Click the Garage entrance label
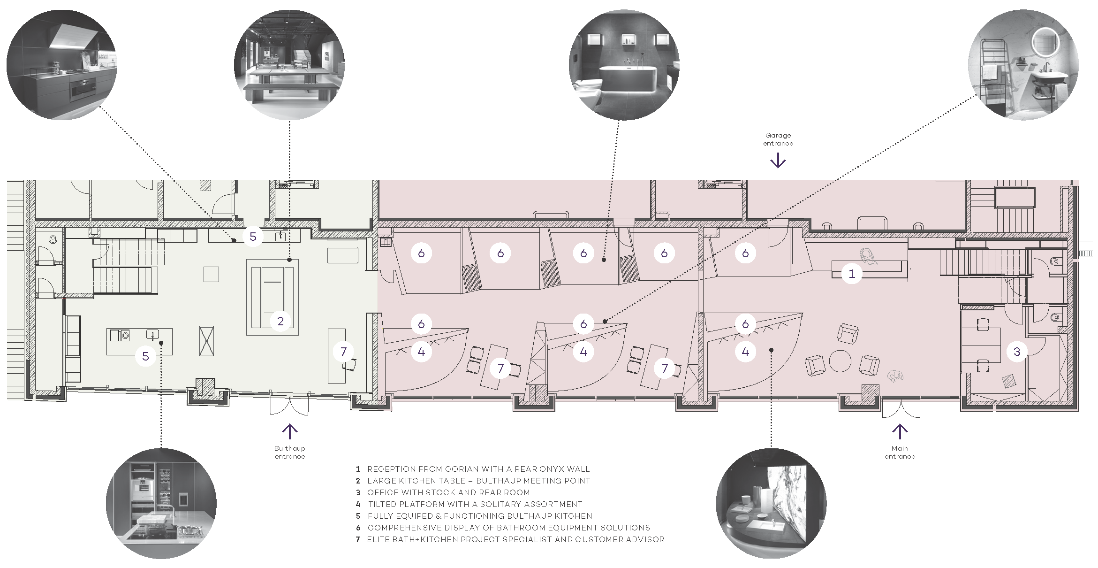point(778,139)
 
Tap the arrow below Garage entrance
point(778,161)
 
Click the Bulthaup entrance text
point(290,453)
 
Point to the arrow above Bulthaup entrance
point(290,431)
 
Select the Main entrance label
point(900,453)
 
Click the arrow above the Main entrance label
point(900,431)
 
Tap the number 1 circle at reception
point(852,274)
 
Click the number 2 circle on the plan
point(280,321)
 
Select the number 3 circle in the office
point(1017,352)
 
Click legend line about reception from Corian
point(473,469)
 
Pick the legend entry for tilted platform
point(469,504)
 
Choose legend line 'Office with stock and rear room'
point(443,492)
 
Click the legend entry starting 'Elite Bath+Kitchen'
point(510,539)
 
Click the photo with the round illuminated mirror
point(1023,65)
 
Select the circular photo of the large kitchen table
point(289,65)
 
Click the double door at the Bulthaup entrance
point(289,406)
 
